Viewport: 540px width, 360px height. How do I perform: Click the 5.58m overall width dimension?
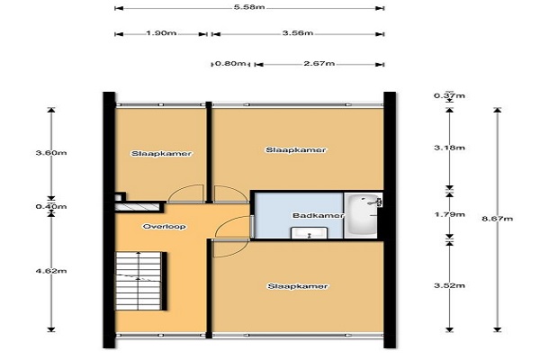click(x=249, y=7)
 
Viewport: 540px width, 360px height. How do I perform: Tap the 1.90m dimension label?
click(x=161, y=33)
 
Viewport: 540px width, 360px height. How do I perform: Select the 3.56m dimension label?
click(x=298, y=33)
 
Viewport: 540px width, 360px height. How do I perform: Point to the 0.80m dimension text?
click(x=230, y=63)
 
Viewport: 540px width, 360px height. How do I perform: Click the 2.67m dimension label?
click(x=319, y=63)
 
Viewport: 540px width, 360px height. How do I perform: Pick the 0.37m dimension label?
click(x=449, y=95)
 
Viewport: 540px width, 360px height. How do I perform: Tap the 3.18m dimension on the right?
click(x=449, y=148)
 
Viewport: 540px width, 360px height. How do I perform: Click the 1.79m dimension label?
click(x=449, y=214)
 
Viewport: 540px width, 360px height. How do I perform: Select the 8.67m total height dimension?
click(x=498, y=219)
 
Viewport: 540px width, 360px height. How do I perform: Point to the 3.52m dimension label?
click(x=449, y=285)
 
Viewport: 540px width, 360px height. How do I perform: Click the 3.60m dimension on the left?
click(x=51, y=153)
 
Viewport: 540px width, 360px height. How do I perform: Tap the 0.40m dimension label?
click(x=51, y=207)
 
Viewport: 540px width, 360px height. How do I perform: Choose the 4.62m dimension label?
click(x=51, y=271)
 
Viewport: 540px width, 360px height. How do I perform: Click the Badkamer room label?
click(x=318, y=216)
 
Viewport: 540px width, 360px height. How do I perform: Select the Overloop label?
click(x=165, y=227)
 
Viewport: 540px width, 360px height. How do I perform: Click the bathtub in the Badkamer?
click(x=363, y=215)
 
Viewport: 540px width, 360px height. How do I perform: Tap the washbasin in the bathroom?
click(x=309, y=233)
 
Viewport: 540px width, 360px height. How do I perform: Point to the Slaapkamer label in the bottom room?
click(x=298, y=286)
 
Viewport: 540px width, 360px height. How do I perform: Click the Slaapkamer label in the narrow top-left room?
click(x=161, y=154)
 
